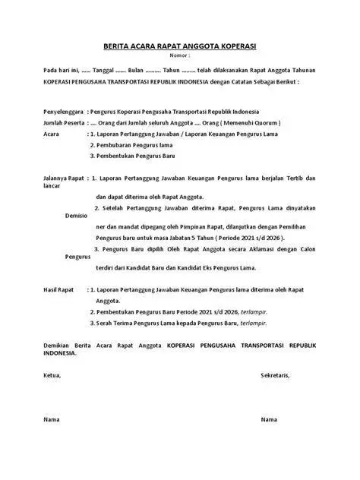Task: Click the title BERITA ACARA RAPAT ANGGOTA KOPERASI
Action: pyautogui.click(x=179, y=45)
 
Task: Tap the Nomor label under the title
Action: pyautogui.click(x=178, y=55)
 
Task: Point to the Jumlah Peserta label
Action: pyautogui.click(x=64, y=122)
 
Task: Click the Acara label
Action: pyautogui.click(x=52, y=134)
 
